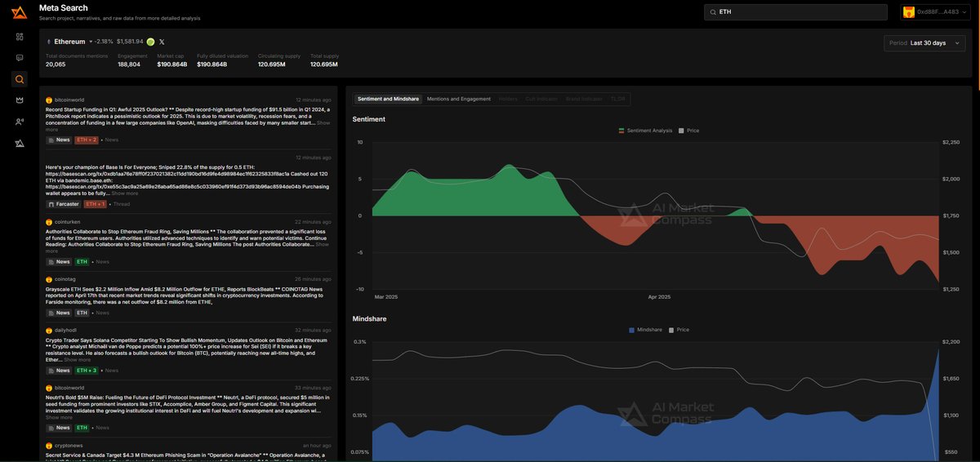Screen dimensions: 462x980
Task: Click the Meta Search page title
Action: tap(64, 8)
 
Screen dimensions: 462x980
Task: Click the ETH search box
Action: tap(795, 12)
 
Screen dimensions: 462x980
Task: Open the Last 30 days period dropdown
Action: tap(924, 43)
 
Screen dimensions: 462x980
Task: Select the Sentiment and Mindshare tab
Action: tap(388, 99)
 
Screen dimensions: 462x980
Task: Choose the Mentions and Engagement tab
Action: tap(459, 99)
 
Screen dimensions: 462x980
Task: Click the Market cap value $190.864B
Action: tap(171, 64)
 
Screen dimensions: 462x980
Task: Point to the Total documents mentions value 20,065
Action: tap(56, 64)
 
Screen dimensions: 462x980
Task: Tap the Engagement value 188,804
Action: tap(129, 64)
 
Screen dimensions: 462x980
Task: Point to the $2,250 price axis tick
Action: tap(951, 142)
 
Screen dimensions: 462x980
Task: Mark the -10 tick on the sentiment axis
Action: tap(359, 289)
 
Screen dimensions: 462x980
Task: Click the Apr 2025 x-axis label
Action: tap(658, 297)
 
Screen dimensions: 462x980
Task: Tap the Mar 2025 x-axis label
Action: tap(385, 297)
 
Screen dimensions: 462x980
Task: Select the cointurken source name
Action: tap(67, 222)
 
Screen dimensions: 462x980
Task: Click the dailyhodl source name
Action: tap(65, 330)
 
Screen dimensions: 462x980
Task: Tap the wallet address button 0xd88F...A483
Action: tap(934, 12)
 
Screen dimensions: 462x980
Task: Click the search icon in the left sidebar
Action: tap(20, 79)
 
